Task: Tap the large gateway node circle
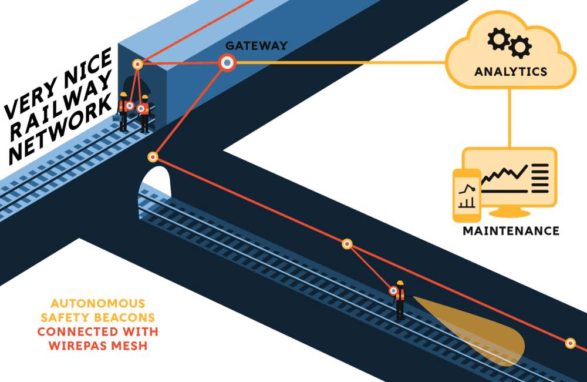[x=227, y=62]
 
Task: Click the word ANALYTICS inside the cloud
[x=511, y=72]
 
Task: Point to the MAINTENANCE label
[x=511, y=230]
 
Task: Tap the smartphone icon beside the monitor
[x=467, y=196]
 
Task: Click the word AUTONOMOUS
[x=97, y=304]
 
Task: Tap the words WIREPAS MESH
[x=97, y=346]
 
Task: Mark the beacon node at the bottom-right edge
[x=569, y=343]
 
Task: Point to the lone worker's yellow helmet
[x=400, y=283]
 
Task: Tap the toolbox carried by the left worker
[x=116, y=119]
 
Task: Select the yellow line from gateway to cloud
[x=340, y=62]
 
